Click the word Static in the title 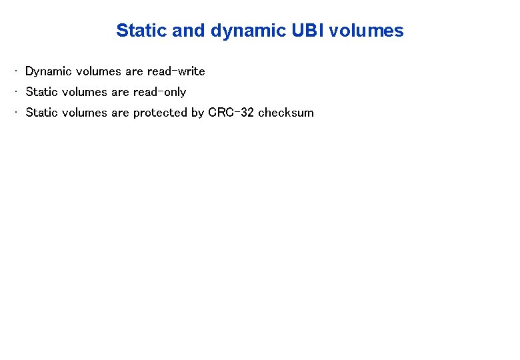pos(139,31)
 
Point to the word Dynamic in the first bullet pos(48,71)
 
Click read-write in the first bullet pos(176,71)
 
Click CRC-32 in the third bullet pos(231,113)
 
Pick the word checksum pos(285,113)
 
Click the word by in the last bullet pos(197,113)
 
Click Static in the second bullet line pos(41,92)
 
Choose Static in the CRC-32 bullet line pos(41,113)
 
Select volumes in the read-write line pos(99,71)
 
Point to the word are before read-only pos(120,92)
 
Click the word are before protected pos(120,113)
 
